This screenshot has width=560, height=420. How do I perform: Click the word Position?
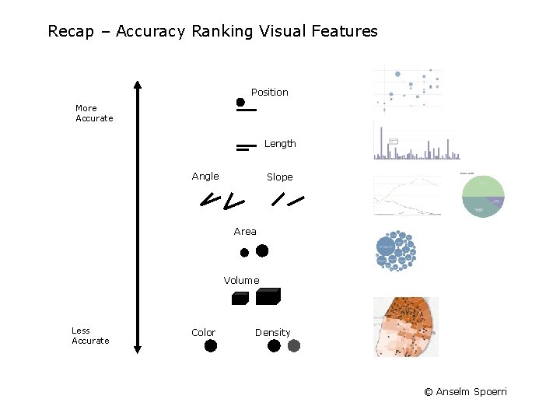tap(269, 93)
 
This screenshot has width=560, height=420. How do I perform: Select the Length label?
tap(280, 144)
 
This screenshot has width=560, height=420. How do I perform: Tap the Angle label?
tap(205, 177)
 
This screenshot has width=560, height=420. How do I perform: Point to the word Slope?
tap(280, 177)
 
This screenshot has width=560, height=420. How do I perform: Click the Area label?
tap(245, 232)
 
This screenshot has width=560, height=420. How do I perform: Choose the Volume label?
tap(241, 281)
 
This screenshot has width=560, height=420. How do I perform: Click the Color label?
tap(203, 333)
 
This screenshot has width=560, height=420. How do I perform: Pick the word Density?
tap(273, 333)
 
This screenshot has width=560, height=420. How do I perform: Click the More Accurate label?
tap(94, 114)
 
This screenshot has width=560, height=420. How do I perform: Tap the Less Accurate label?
tap(90, 336)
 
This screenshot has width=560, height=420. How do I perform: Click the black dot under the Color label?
tap(211, 346)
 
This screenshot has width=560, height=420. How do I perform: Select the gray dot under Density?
tap(294, 346)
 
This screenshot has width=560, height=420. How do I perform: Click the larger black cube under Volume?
tap(268, 296)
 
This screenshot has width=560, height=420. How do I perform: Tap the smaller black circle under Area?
tap(244, 253)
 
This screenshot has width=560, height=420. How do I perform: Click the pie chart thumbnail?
tap(483, 196)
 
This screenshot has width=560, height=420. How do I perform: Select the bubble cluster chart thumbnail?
tap(396, 250)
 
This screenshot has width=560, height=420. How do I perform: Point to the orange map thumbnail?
tap(405, 327)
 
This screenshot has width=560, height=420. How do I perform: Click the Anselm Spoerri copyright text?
tap(465, 392)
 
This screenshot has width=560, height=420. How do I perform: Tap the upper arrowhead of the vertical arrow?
tap(137, 86)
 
